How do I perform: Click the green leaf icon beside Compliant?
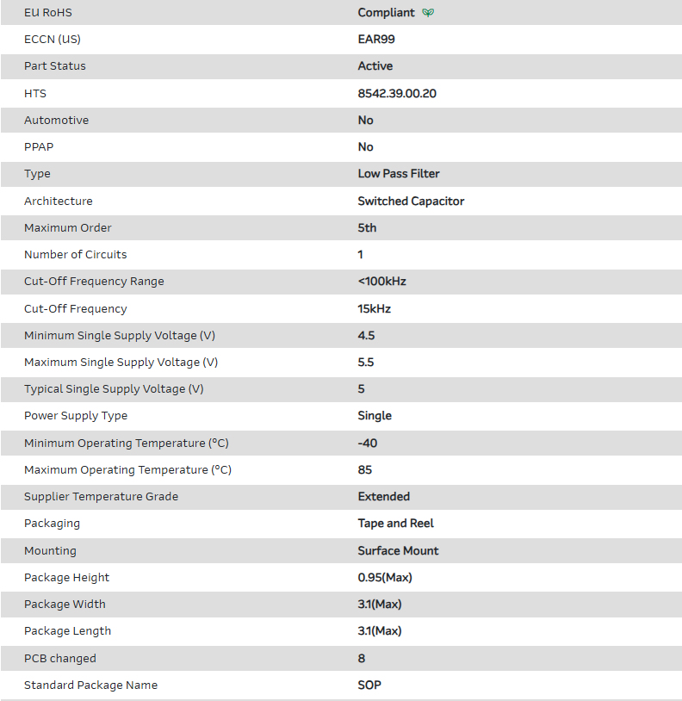tap(428, 13)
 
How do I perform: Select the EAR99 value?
tap(376, 39)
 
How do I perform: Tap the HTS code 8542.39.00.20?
tap(397, 93)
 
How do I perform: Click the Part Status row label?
tap(55, 66)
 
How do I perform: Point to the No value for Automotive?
tap(365, 121)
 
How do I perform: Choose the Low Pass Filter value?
tap(399, 174)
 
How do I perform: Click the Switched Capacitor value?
tap(411, 202)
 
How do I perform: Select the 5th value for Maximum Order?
tap(367, 228)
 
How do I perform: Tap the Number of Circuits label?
tap(75, 255)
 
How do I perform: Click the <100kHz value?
tap(381, 282)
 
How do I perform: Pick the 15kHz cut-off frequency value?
tap(375, 309)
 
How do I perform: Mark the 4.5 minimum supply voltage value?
tap(366, 336)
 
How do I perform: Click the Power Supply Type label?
tap(76, 416)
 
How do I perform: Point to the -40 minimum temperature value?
tap(368, 444)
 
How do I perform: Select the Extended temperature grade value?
tap(384, 497)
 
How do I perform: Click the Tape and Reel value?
tap(396, 524)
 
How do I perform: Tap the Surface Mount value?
tap(398, 551)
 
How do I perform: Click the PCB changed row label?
tap(60, 659)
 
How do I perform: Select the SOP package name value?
tap(369, 685)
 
